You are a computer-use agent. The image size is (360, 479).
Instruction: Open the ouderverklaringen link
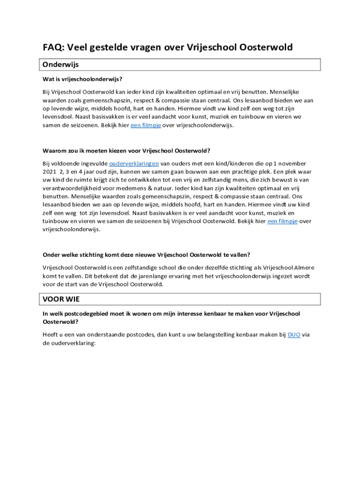[x=134, y=163]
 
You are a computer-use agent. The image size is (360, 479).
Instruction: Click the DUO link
[x=294, y=334]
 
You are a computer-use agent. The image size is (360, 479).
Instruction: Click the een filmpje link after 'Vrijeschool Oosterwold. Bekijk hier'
[x=282, y=221]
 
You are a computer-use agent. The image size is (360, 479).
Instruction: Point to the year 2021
[x=50, y=172]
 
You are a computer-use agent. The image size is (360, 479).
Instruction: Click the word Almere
[x=304, y=268]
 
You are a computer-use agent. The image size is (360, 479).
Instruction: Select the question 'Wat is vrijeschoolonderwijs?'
[x=82, y=79]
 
